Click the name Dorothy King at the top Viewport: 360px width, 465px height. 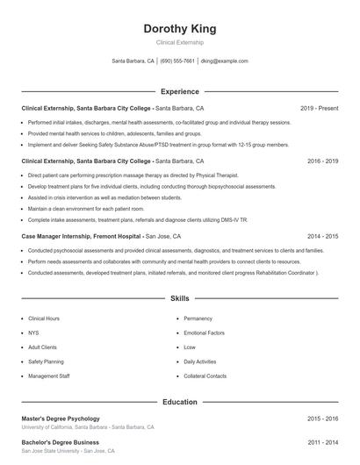(179, 29)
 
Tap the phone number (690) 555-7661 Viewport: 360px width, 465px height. (177, 61)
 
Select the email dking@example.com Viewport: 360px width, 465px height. (225, 61)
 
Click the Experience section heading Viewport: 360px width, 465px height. (179, 91)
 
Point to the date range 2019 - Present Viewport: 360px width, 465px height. (320, 108)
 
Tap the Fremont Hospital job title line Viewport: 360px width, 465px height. (101, 236)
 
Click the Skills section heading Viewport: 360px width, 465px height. (179, 298)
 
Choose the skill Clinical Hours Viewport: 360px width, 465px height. (44, 318)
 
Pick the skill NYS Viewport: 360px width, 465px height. (33, 333)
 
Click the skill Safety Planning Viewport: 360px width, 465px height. (46, 361)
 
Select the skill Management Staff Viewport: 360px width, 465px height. (49, 376)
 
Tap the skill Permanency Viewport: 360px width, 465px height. (199, 318)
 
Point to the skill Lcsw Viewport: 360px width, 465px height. (190, 347)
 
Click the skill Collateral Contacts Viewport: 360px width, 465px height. (205, 376)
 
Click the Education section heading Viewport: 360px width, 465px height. (179, 402)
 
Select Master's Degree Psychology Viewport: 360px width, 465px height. (61, 418)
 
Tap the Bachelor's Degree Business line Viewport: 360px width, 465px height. (60, 442)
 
